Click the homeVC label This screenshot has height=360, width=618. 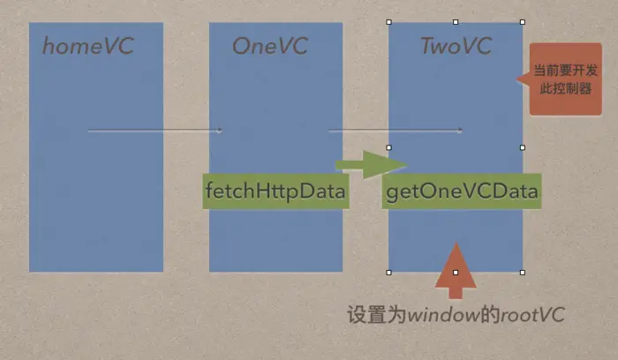point(87,46)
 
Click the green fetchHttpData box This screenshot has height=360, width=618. point(275,191)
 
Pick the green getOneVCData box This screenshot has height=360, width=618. point(462,191)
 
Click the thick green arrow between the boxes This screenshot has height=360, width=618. point(369,164)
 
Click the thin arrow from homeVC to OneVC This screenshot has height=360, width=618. point(155,131)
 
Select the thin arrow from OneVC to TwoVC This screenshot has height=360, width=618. point(396,131)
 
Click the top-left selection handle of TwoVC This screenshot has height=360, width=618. point(388,22)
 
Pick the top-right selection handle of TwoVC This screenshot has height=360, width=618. point(522,22)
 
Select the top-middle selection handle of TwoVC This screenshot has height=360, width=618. point(456,22)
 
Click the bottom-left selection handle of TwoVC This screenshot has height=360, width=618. point(388,273)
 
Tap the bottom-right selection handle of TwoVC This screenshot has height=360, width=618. point(522,273)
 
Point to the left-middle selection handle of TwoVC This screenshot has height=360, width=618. point(388,147)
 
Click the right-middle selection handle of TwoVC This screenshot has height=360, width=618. point(522,147)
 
